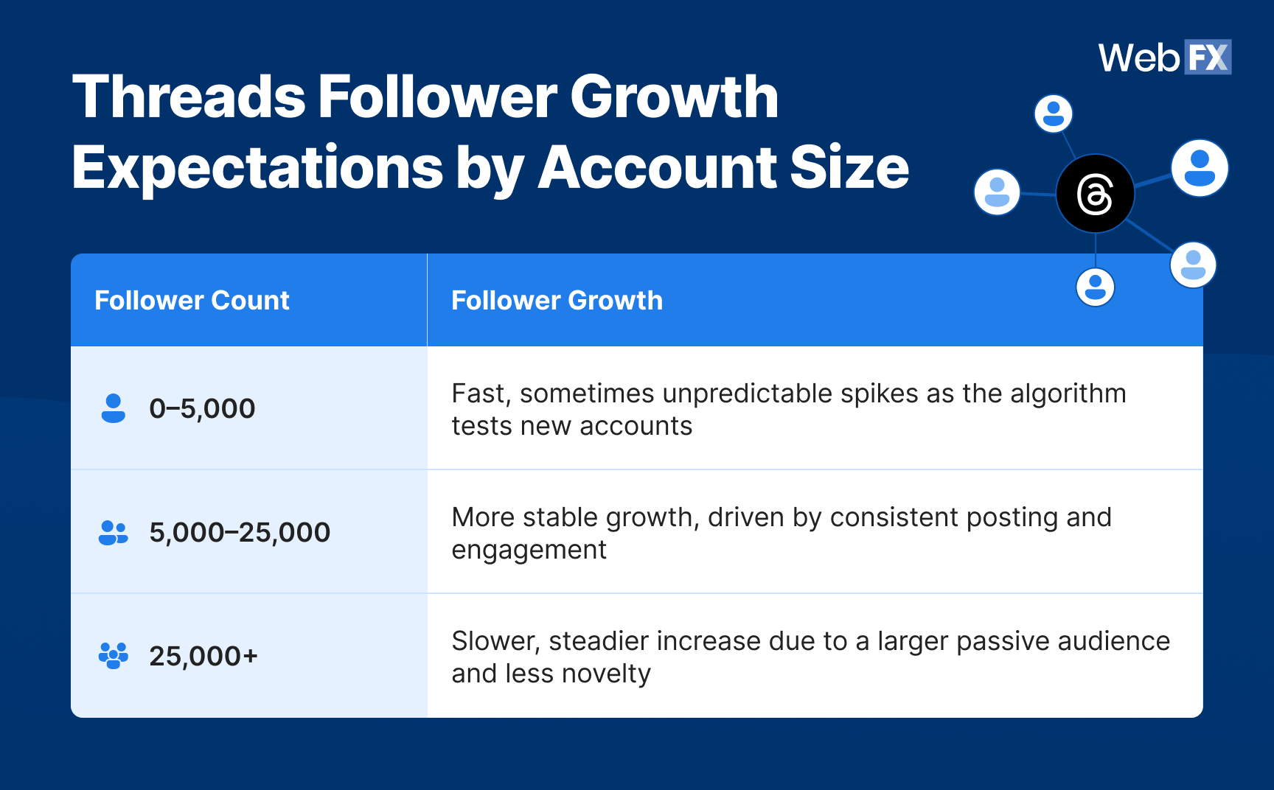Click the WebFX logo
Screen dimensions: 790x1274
(1164, 57)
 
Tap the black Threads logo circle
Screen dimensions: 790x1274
(1095, 194)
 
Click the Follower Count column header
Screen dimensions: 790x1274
(192, 301)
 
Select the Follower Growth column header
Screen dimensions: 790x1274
(557, 301)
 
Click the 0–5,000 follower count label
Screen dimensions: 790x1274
(202, 408)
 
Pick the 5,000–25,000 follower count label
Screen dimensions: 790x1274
(240, 532)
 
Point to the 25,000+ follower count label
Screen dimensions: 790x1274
(203, 656)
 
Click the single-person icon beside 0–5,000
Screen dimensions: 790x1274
(113, 408)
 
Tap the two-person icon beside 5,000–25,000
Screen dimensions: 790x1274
(113, 532)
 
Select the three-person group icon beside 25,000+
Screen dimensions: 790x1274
(113, 655)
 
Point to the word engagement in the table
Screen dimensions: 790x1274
(529, 550)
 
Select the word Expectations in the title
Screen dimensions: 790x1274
(257, 167)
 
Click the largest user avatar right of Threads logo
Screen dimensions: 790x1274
(1200, 168)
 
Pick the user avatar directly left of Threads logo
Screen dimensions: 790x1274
(997, 192)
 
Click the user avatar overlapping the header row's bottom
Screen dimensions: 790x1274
(1095, 287)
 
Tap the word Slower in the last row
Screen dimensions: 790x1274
(496, 641)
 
